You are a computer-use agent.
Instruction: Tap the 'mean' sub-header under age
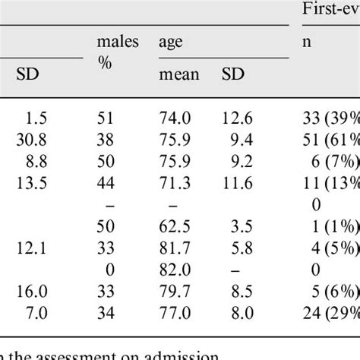pos(178,74)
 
